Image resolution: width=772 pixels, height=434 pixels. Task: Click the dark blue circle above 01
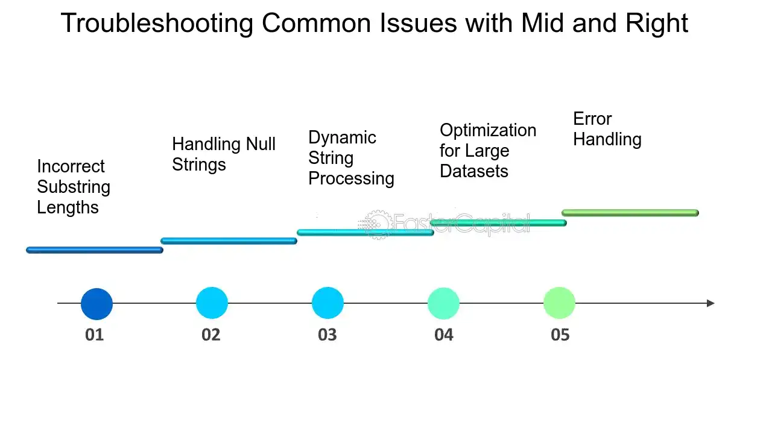(x=96, y=304)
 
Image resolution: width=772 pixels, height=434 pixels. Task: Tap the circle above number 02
(x=212, y=303)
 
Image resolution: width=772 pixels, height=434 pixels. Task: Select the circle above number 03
(x=327, y=303)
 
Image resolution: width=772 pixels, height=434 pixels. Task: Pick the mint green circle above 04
(x=443, y=303)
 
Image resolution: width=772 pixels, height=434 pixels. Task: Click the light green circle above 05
(x=559, y=303)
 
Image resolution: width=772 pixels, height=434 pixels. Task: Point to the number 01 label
(x=95, y=335)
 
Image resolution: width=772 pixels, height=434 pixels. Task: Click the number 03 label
(x=327, y=335)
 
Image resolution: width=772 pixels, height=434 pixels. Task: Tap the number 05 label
(x=560, y=335)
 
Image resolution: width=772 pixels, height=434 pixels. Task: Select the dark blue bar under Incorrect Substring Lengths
(x=95, y=250)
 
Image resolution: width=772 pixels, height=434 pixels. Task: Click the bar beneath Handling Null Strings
(x=229, y=241)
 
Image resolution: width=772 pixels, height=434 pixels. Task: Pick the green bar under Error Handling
(x=630, y=213)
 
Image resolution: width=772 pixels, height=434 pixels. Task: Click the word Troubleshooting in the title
(x=157, y=24)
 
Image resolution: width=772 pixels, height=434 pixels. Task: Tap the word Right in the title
(x=657, y=24)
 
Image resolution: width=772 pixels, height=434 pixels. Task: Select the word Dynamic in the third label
(x=342, y=138)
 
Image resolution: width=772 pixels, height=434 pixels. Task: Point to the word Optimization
(x=488, y=131)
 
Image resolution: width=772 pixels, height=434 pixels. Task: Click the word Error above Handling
(x=592, y=119)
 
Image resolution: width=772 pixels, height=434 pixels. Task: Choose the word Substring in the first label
(x=74, y=187)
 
